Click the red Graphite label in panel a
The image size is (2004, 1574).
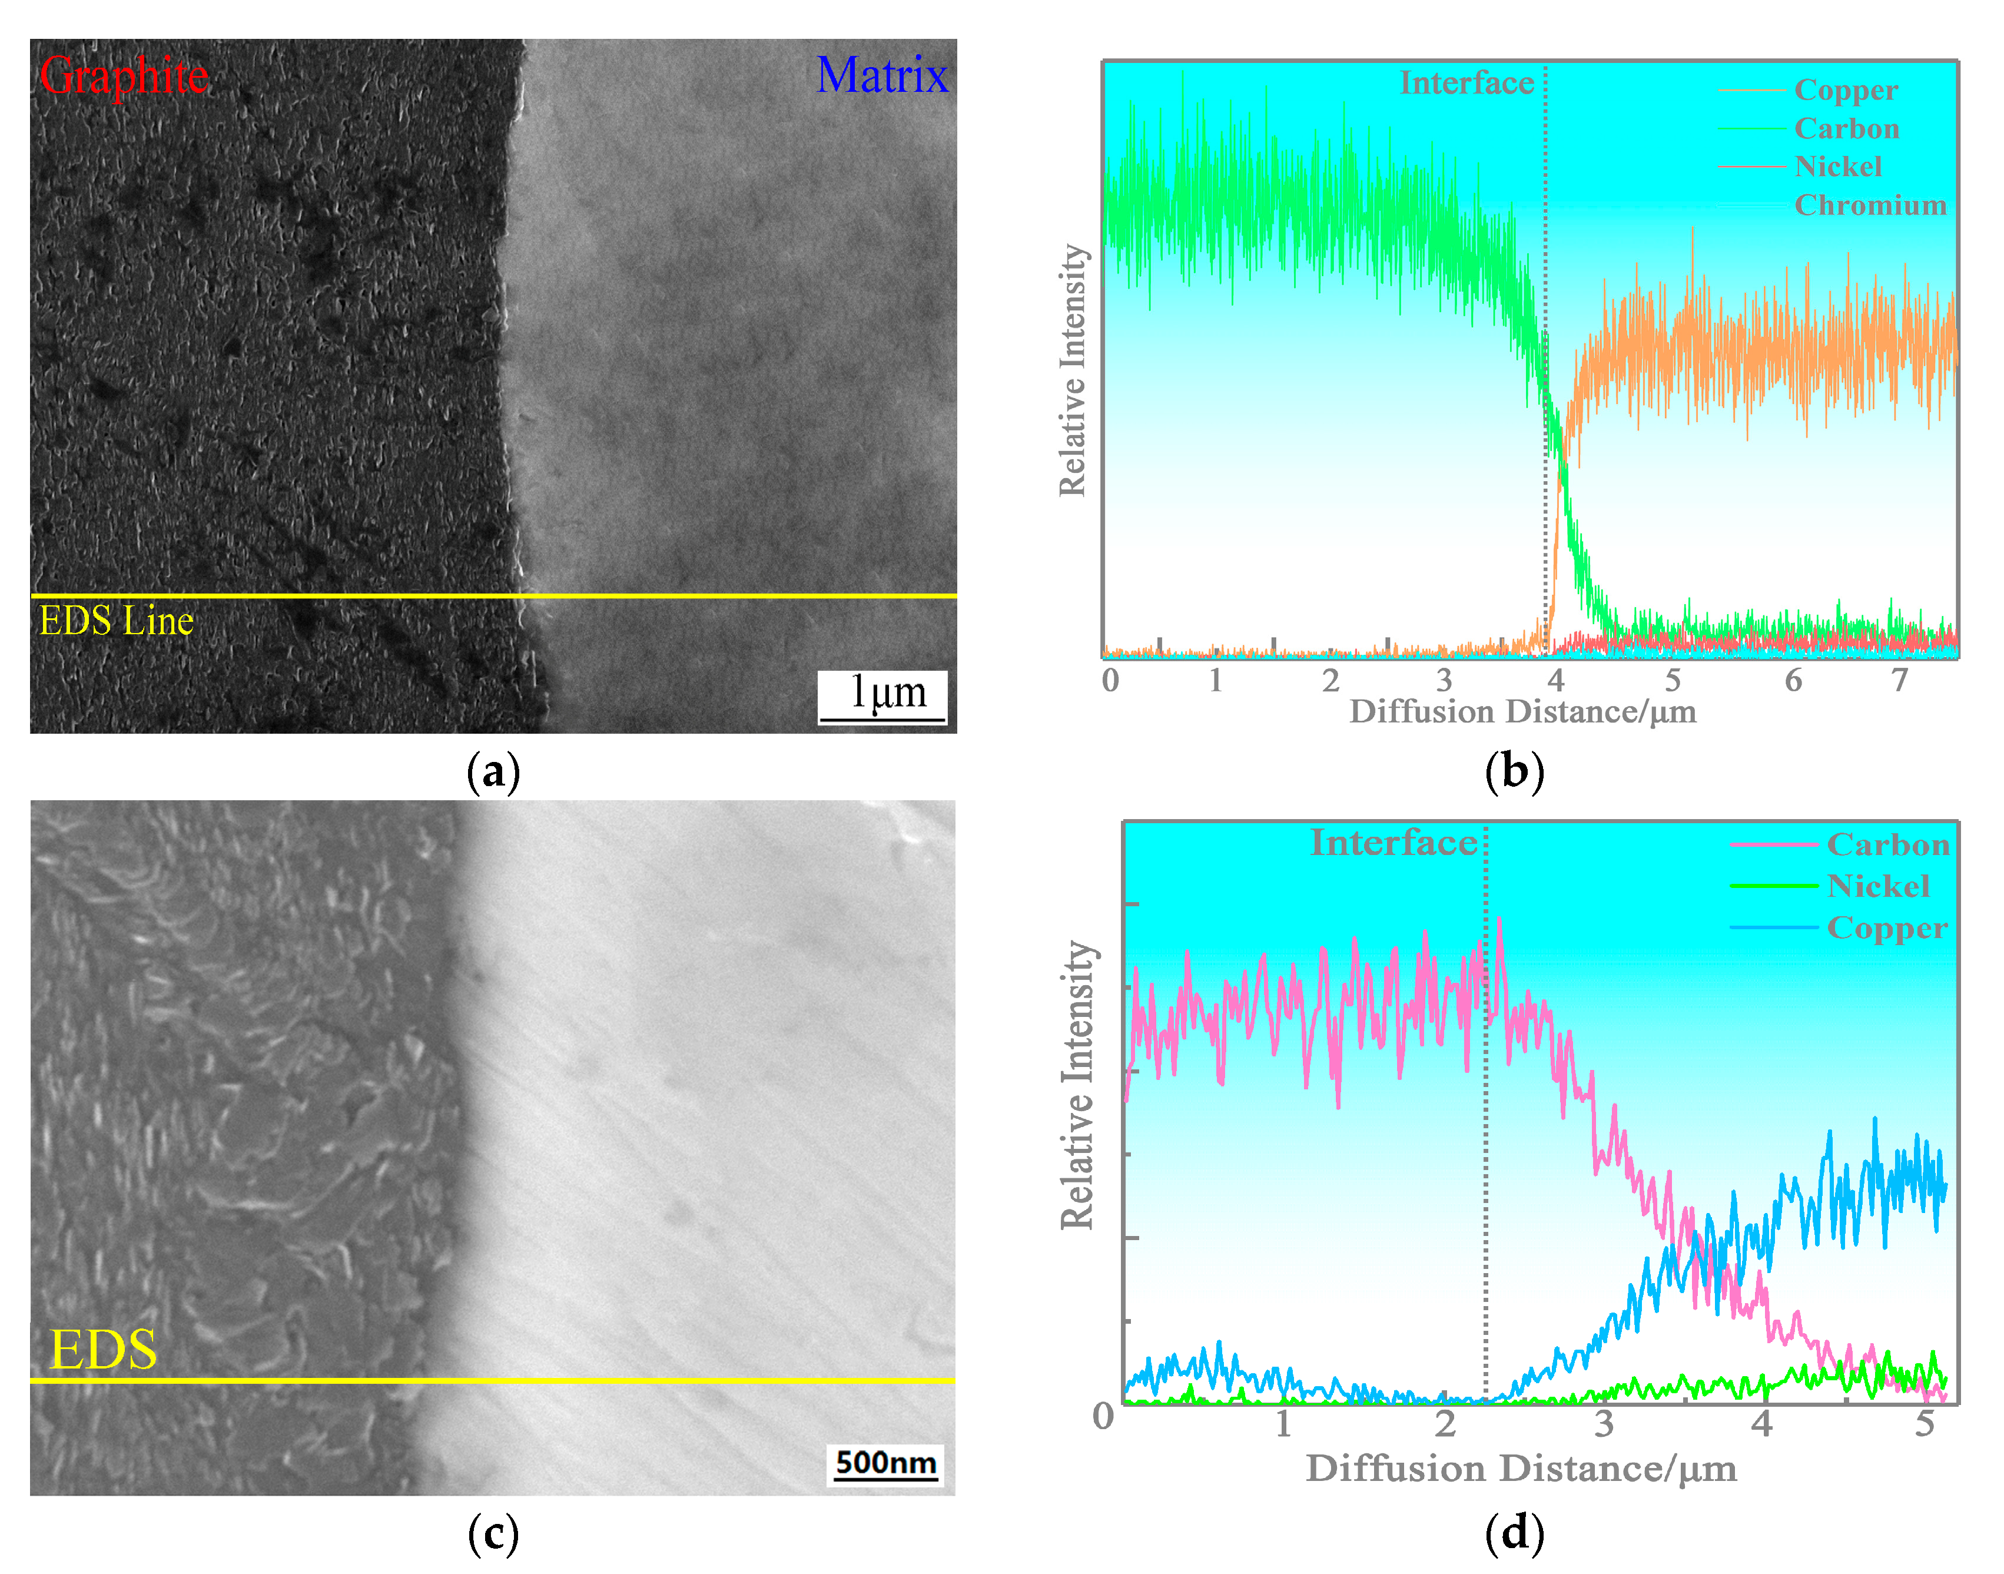click(124, 75)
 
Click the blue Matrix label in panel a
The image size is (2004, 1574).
click(882, 75)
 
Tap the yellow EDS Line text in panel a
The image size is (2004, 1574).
click(116, 621)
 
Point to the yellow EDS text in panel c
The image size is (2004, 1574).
click(103, 1350)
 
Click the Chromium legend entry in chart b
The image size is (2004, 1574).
click(1870, 204)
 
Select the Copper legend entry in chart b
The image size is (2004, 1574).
click(1846, 90)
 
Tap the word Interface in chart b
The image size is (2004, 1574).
click(1467, 83)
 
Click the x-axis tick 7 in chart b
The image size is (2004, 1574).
click(1899, 680)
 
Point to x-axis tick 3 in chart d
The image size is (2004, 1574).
click(1604, 1424)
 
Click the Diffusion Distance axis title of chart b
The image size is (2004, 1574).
click(1522, 711)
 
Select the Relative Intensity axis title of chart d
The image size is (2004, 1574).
click(1078, 1086)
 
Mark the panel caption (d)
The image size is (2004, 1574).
click(1514, 1533)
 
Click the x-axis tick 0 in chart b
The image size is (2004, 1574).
click(1110, 680)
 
